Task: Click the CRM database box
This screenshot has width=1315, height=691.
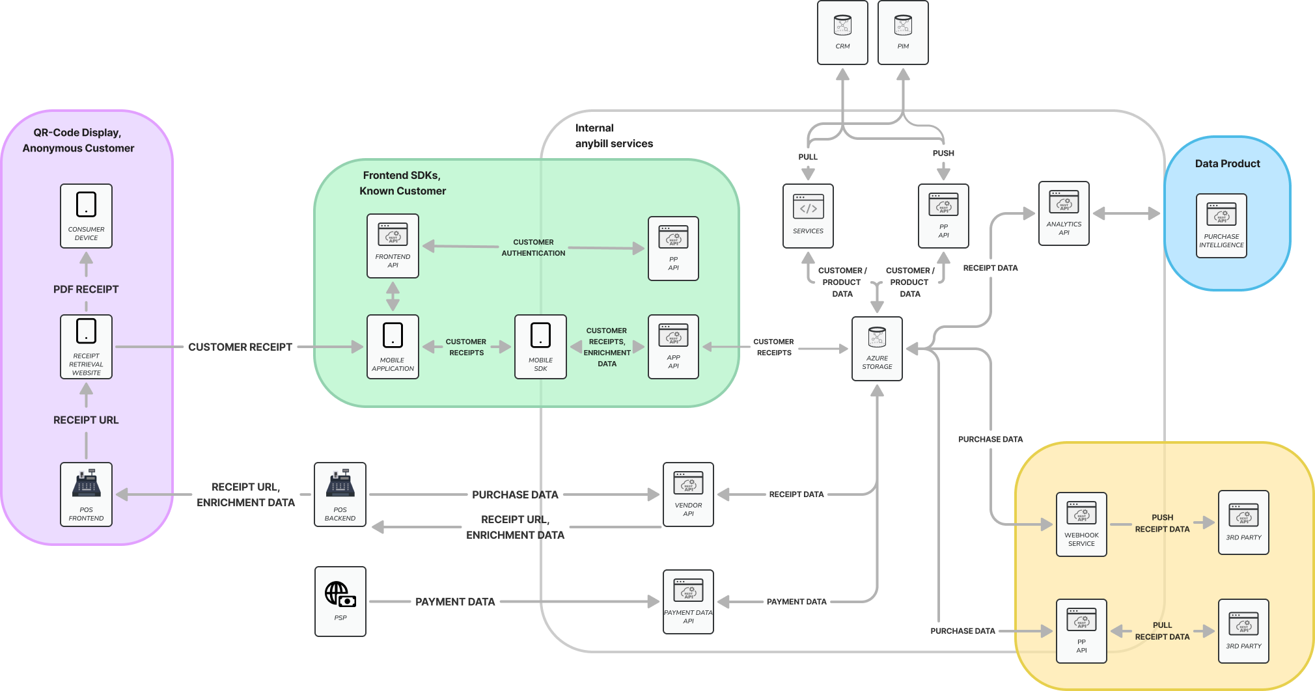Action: [842, 32]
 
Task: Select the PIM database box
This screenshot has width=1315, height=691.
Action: [903, 32]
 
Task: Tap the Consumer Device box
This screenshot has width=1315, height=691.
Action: [86, 215]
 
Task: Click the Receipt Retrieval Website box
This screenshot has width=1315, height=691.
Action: [86, 346]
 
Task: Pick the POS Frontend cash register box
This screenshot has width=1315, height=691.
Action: [86, 494]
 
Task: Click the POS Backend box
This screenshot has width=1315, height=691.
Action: [340, 494]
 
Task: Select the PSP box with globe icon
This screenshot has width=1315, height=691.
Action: [340, 601]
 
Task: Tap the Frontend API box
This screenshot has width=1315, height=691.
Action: [393, 245]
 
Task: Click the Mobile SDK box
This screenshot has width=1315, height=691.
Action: [540, 346]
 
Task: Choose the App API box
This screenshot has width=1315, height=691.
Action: [673, 346]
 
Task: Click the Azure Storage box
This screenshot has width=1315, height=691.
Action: [877, 348]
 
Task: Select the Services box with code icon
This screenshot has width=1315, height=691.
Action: [808, 215]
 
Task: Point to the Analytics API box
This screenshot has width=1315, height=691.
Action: [1064, 213]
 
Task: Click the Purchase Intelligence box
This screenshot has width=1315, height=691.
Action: [1221, 225]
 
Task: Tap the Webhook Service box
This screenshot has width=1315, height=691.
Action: [1081, 524]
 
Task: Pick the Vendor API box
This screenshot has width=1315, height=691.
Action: [688, 494]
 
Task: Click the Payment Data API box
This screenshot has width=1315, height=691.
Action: [688, 601]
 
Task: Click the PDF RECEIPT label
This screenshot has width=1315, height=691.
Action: [86, 289]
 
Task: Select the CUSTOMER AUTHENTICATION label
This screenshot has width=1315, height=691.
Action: [533, 247]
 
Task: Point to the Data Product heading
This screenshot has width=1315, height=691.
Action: [1227, 163]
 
